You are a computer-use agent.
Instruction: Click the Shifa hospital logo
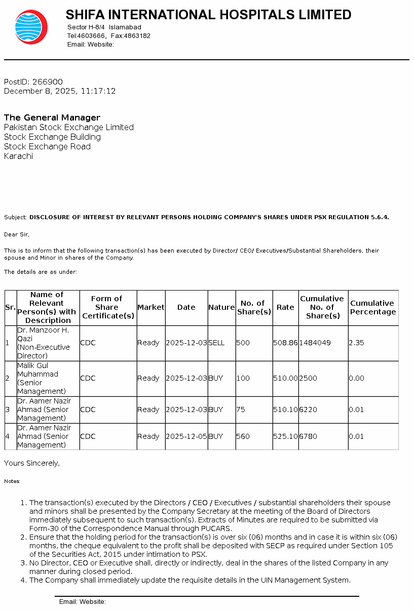31,27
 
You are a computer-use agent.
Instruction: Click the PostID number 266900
48,82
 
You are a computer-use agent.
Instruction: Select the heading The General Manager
52,118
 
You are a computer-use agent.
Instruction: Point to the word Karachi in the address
19,156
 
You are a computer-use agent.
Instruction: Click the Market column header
151,307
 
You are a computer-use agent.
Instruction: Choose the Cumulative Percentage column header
373,307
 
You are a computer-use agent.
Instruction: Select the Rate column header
285,307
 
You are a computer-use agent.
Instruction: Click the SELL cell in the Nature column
216,343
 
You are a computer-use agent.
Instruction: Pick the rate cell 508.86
285,343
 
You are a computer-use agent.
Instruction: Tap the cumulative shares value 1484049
315,343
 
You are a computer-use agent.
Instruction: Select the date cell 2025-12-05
186,436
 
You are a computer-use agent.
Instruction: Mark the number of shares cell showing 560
243,436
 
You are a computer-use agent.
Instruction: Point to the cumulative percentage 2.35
356,343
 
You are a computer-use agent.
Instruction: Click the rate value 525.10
285,436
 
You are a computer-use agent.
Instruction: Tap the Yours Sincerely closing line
32,463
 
